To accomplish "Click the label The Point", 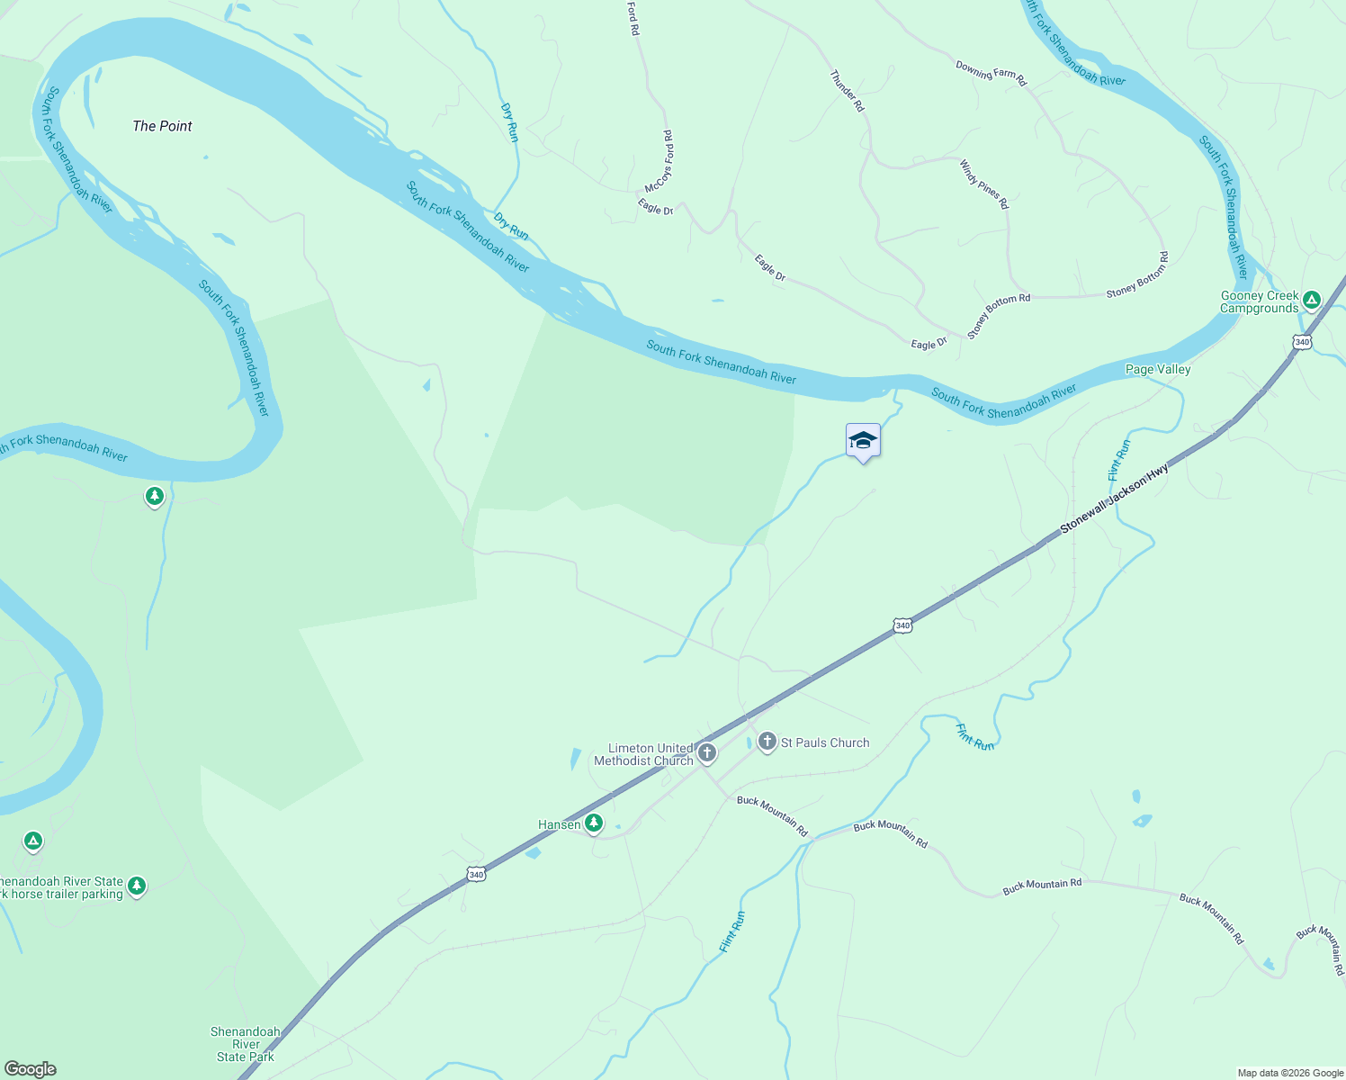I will pyautogui.click(x=162, y=126).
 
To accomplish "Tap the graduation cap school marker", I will pyautogui.click(x=863, y=441).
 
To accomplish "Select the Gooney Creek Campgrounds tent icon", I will pyautogui.click(x=1312, y=300).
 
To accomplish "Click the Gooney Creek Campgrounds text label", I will pyautogui.click(x=1259, y=302).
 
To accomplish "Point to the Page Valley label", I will pyautogui.click(x=1158, y=369).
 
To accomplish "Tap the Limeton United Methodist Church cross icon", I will pyautogui.click(x=707, y=753).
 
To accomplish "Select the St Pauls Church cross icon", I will pyautogui.click(x=767, y=742).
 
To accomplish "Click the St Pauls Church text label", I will pyautogui.click(x=825, y=742).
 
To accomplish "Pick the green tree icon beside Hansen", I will pyautogui.click(x=594, y=823).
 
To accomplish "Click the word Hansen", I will pyautogui.click(x=559, y=824).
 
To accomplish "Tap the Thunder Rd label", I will pyautogui.click(x=847, y=91).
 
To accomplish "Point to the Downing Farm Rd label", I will pyautogui.click(x=991, y=73).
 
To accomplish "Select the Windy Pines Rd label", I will pyautogui.click(x=983, y=184).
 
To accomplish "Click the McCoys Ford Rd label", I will pyautogui.click(x=660, y=162).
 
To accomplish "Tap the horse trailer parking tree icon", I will pyautogui.click(x=137, y=886).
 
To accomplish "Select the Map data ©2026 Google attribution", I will pyautogui.click(x=1290, y=1073).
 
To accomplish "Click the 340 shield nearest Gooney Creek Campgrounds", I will pyautogui.click(x=1302, y=342).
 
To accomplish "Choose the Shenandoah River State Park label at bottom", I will pyautogui.click(x=246, y=1044).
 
